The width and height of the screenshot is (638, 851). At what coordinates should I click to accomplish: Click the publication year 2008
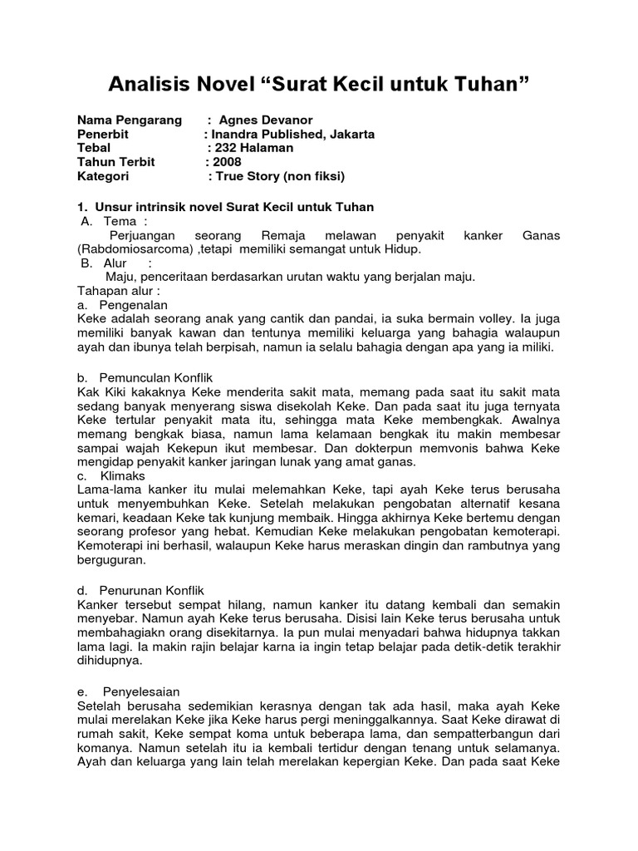228,162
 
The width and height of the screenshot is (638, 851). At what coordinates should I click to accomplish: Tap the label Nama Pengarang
130,120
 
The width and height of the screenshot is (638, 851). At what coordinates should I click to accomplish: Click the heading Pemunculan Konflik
158,376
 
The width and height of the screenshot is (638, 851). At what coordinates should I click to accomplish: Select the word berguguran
111,560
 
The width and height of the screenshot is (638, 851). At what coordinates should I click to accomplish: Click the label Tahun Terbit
116,162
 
